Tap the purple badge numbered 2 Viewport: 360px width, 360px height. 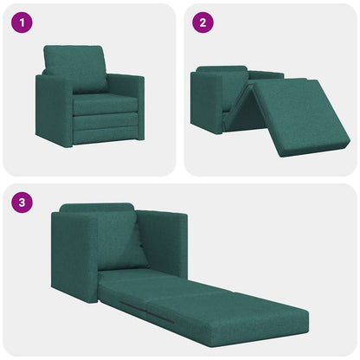pyautogui.click(x=202, y=23)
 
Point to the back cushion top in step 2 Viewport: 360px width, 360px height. pyautogui.click(x=222, y=70)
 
